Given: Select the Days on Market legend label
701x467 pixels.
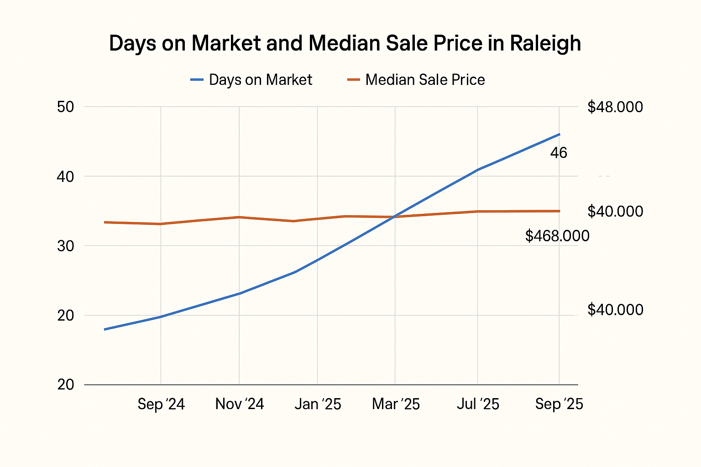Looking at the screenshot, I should click(260, 80).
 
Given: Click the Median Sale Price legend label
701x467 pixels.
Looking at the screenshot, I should click(425, 80).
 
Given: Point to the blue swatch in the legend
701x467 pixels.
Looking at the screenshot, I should click(197, 80).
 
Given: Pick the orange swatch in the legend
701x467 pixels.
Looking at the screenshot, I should click(354, 80).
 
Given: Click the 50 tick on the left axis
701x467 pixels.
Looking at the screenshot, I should click(66, 107).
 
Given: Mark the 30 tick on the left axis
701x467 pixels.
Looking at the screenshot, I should click(66, 246).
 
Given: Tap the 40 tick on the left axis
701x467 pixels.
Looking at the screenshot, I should click(66, 176).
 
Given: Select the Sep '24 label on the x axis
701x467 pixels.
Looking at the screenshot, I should click(161, 404).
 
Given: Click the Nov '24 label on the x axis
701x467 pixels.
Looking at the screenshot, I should click(240, 404).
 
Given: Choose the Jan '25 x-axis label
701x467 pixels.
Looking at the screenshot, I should click(318, 404).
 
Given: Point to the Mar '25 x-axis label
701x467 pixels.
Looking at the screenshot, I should click(396, 404).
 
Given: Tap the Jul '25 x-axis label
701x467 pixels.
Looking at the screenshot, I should click(478, 404).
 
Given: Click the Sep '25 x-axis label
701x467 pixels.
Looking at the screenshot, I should click(559, 404).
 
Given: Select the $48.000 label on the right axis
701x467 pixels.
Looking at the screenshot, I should click(615, 107).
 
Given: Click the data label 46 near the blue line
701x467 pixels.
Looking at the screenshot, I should click(559, 153).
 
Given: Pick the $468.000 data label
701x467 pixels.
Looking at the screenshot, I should click(557, 236).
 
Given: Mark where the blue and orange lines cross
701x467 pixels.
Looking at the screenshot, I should click(394, 217).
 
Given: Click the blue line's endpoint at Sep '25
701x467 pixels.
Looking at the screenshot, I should click(560, 135).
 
